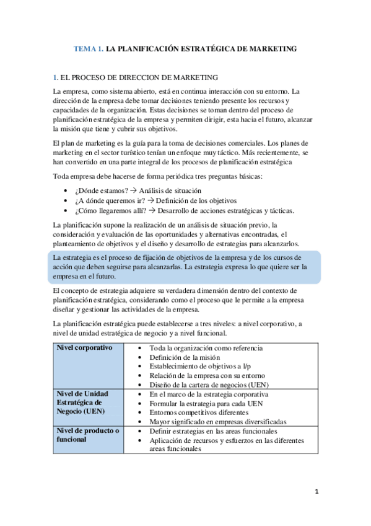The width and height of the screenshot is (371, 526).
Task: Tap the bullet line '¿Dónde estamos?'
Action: pos(102,190)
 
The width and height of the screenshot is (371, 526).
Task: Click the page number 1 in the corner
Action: pos(316,492)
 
